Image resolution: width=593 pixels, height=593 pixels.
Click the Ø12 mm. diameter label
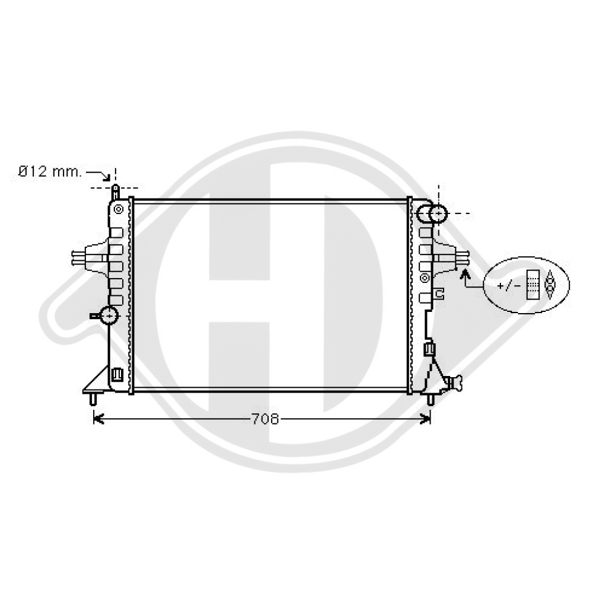[x=50, y=172]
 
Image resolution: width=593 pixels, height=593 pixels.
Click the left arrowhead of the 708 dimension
[x=98, y=419]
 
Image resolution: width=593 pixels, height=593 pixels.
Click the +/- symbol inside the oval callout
[x=509, y=286]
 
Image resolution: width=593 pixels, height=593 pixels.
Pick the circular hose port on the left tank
[x=110, y=315]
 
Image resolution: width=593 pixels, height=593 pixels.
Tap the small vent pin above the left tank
[x=115, y=192]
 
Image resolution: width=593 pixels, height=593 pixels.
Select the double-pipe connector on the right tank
[x=457, y=256]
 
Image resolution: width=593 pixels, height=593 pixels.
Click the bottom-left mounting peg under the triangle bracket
[x=93, y=398]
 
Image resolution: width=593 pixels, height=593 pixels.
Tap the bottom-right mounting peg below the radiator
[x=431, y=398]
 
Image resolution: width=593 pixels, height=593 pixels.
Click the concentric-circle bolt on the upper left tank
[x=119, y=209]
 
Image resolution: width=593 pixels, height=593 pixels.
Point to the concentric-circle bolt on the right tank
[x=425, y=278]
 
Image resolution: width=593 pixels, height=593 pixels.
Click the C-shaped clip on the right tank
[x=439, y=292]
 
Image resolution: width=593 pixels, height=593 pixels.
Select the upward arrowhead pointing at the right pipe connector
[x=465, y=273]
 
